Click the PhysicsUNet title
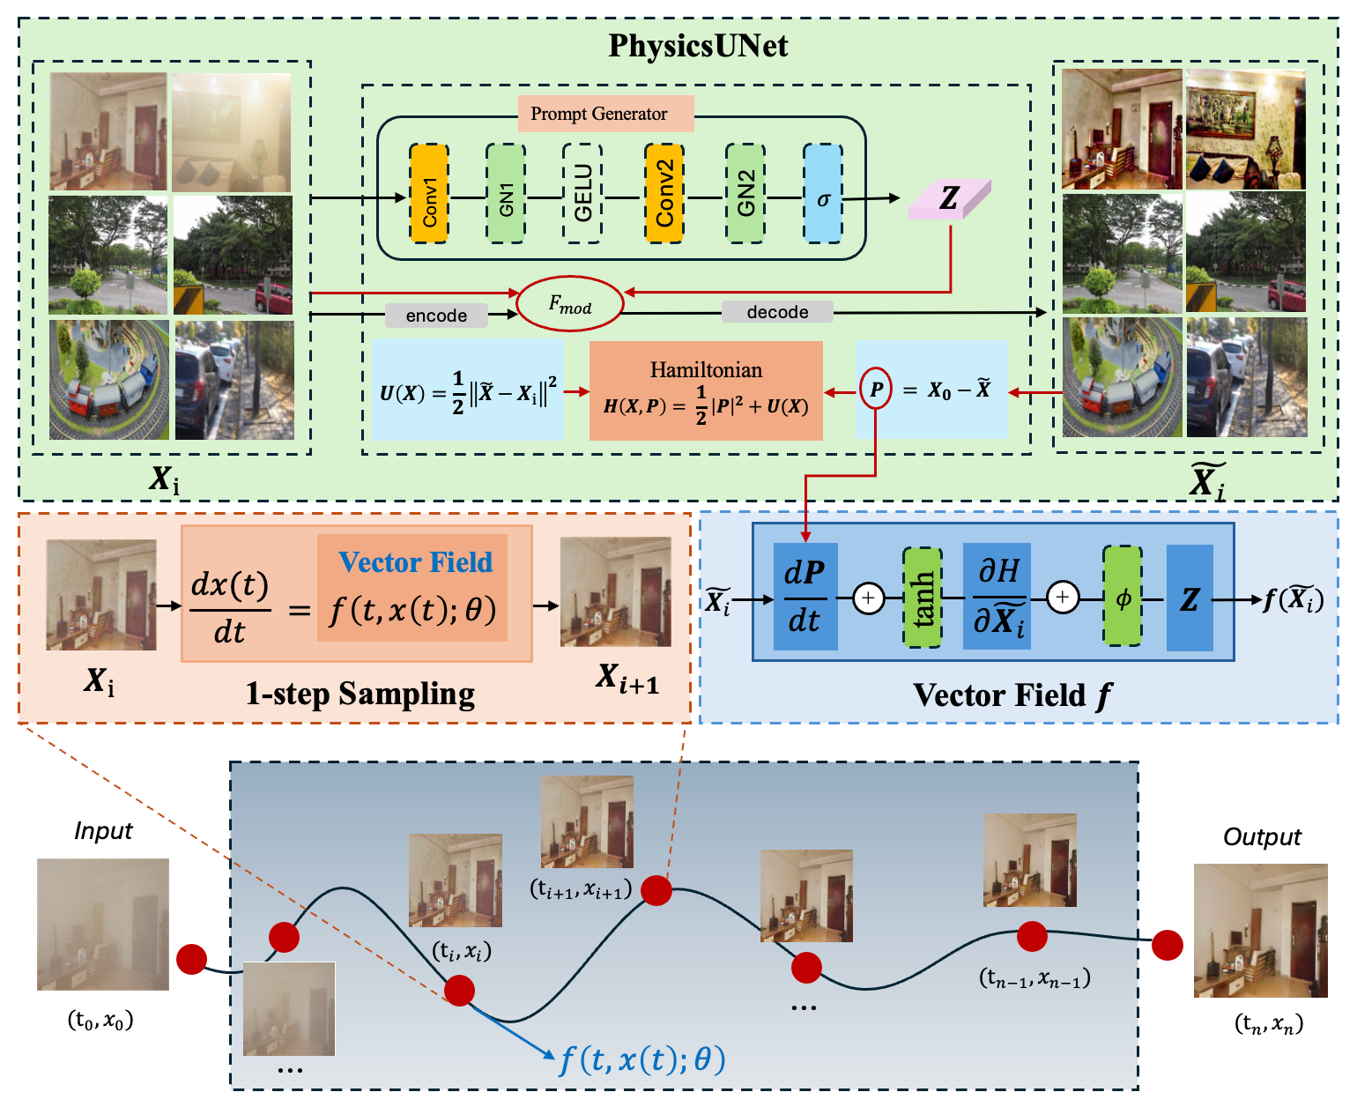698,46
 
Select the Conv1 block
429,194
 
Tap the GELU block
582,194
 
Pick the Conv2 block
664,194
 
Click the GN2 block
745,194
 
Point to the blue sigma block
823,194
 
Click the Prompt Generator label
599,114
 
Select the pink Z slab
949,199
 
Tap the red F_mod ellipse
569,305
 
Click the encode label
436,316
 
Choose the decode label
777,312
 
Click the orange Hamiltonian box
706,390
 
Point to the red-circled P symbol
876,390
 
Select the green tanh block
923,598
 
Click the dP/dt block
805,597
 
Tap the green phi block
1123,598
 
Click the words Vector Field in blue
415,562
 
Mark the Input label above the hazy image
103,830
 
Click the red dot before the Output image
1168,945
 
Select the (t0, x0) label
100,1021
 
